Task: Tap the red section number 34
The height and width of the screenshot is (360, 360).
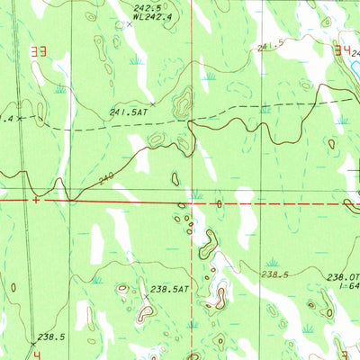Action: tap(344, 52)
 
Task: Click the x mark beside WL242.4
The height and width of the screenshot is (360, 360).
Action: tap(129, 24)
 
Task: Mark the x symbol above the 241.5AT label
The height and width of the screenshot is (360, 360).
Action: tap(153, 103)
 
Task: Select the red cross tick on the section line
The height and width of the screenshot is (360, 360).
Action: tap(35, 199)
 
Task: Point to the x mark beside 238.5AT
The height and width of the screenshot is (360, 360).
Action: tap(145, 296)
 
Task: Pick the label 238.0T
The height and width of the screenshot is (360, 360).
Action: tap(343, 278)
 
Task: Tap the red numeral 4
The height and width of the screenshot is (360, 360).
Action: tap(36, 355)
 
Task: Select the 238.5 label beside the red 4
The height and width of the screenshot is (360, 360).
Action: tap(50, 337)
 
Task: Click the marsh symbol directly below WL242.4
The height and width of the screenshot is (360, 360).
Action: tap(137, 61)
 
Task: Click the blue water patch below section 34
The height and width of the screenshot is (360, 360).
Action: tap(355, 67)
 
